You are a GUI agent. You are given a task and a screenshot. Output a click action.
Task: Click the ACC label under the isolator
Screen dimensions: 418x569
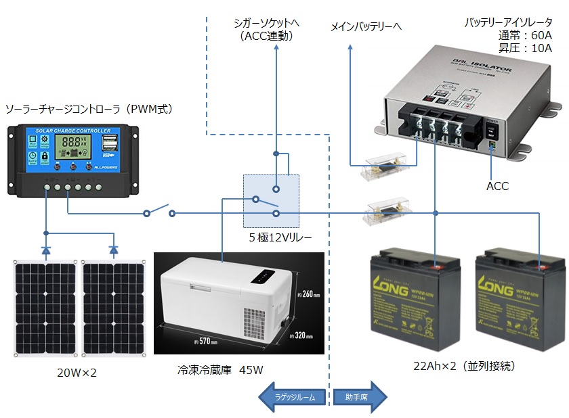point(497,185)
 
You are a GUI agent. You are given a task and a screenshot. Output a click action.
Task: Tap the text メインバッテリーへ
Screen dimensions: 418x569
point(366,27)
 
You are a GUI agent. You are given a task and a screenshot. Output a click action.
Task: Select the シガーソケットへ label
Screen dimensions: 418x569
point(266,23)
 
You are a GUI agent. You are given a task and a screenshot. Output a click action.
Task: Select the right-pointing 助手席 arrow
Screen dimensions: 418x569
point(359,397)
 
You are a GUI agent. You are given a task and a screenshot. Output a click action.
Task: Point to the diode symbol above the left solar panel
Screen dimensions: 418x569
point(46,250)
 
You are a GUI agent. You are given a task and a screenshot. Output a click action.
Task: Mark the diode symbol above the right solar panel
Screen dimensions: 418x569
point(114,250)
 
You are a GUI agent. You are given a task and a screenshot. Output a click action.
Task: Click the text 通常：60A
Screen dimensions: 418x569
point(526,35)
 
